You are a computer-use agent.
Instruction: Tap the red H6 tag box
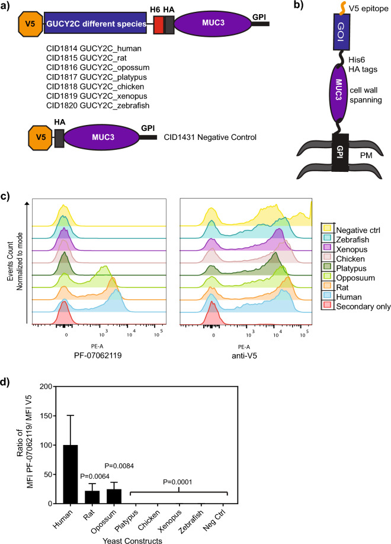point(159,24)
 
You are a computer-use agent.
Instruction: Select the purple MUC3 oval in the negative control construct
point(97,137)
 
